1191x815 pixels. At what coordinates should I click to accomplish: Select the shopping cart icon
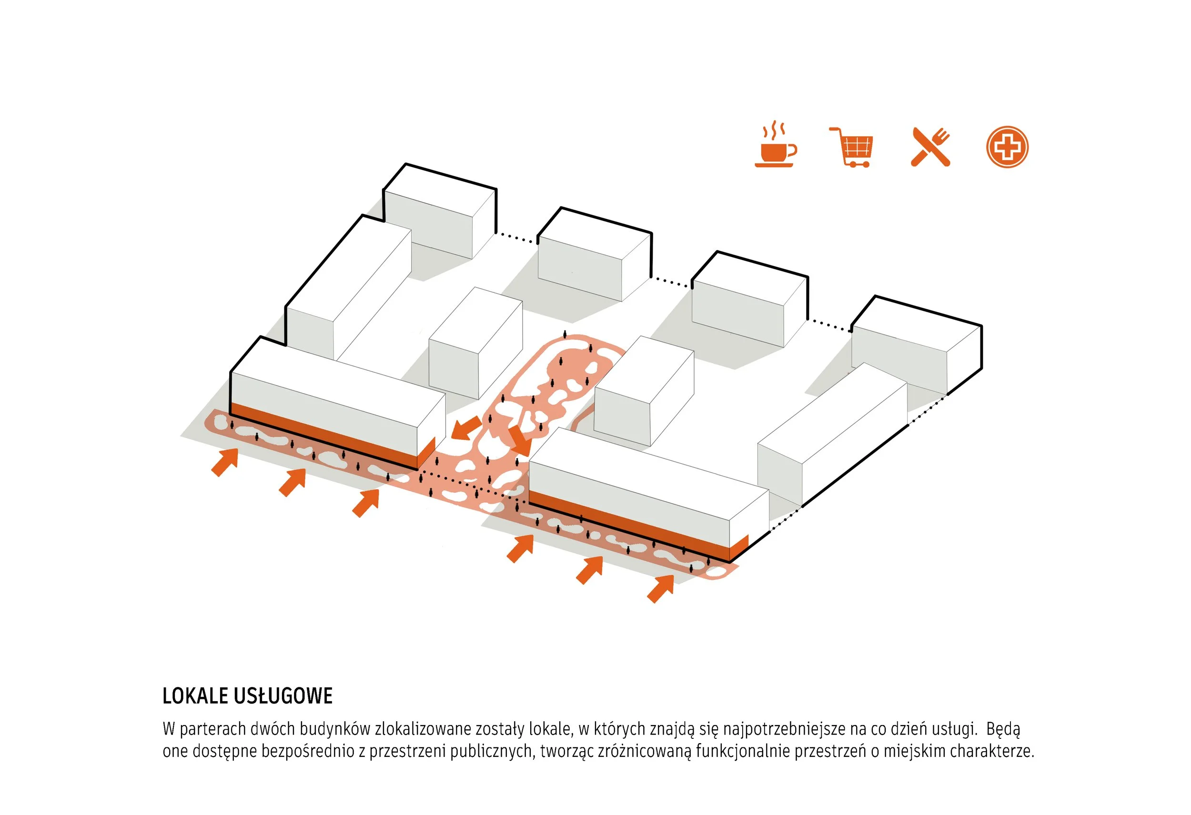click(x=851, y=147)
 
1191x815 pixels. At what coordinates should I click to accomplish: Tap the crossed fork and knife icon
click(x=930, y=147)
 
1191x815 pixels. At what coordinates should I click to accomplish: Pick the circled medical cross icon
click(x=1007, y=147)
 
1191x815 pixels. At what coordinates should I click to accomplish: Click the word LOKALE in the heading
click(x=195, y=696)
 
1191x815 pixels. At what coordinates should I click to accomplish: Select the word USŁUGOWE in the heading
click(x=283, y=696)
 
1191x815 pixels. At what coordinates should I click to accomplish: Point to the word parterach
click(x=212, y=729)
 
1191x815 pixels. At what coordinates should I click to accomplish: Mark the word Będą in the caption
click(x=1003, y=729)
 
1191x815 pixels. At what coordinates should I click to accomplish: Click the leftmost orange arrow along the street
click(x=225, y=462)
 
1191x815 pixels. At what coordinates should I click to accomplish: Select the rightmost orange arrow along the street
click(x=661, y=588)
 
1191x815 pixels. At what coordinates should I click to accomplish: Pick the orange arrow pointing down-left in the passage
click(x=466, y=428)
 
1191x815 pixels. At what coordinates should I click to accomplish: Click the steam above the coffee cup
click(x=774, y=130)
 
